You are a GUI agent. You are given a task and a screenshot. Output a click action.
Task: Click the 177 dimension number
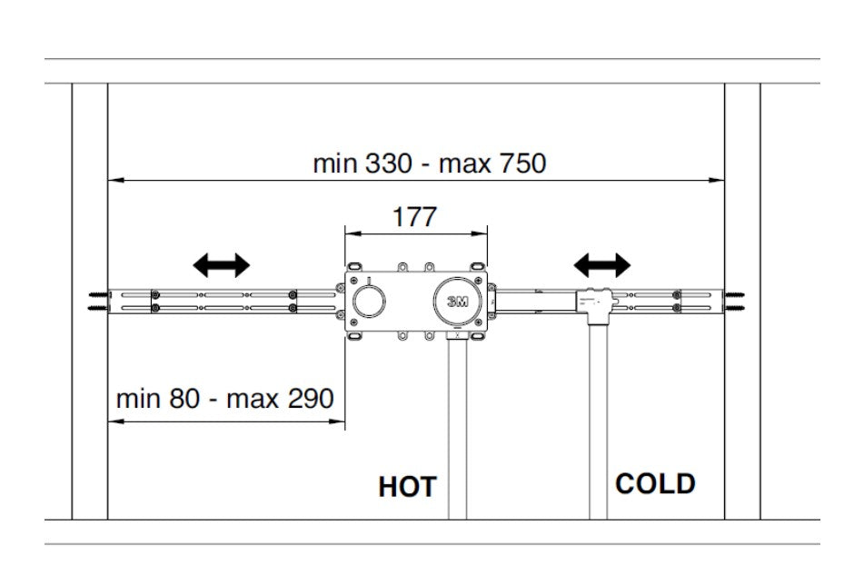[x=414, y=217]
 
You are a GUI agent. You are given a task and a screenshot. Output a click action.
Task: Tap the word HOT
[x=407, y=487]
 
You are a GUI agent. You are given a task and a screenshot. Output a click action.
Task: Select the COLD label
[x=655, y=483]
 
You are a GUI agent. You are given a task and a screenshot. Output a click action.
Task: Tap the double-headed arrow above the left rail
[x=221, y=265]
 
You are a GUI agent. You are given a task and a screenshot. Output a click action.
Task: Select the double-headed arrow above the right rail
[x=601, y=265]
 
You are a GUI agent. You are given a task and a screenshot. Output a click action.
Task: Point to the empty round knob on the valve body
[x=369, y=302]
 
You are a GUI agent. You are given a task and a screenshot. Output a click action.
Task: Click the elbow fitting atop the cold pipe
[x=596, y=306]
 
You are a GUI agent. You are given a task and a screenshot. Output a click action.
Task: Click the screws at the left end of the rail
[x=97, y=302]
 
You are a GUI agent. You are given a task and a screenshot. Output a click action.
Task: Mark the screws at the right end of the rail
[x=736, y=302]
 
